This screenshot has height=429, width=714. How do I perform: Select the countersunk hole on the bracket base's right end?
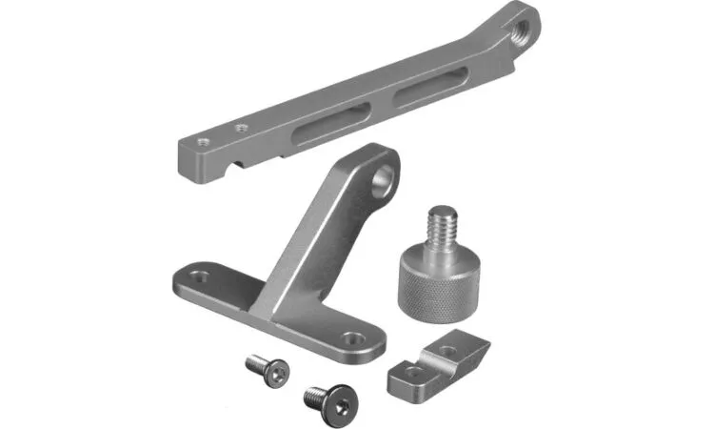point(354,337)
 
